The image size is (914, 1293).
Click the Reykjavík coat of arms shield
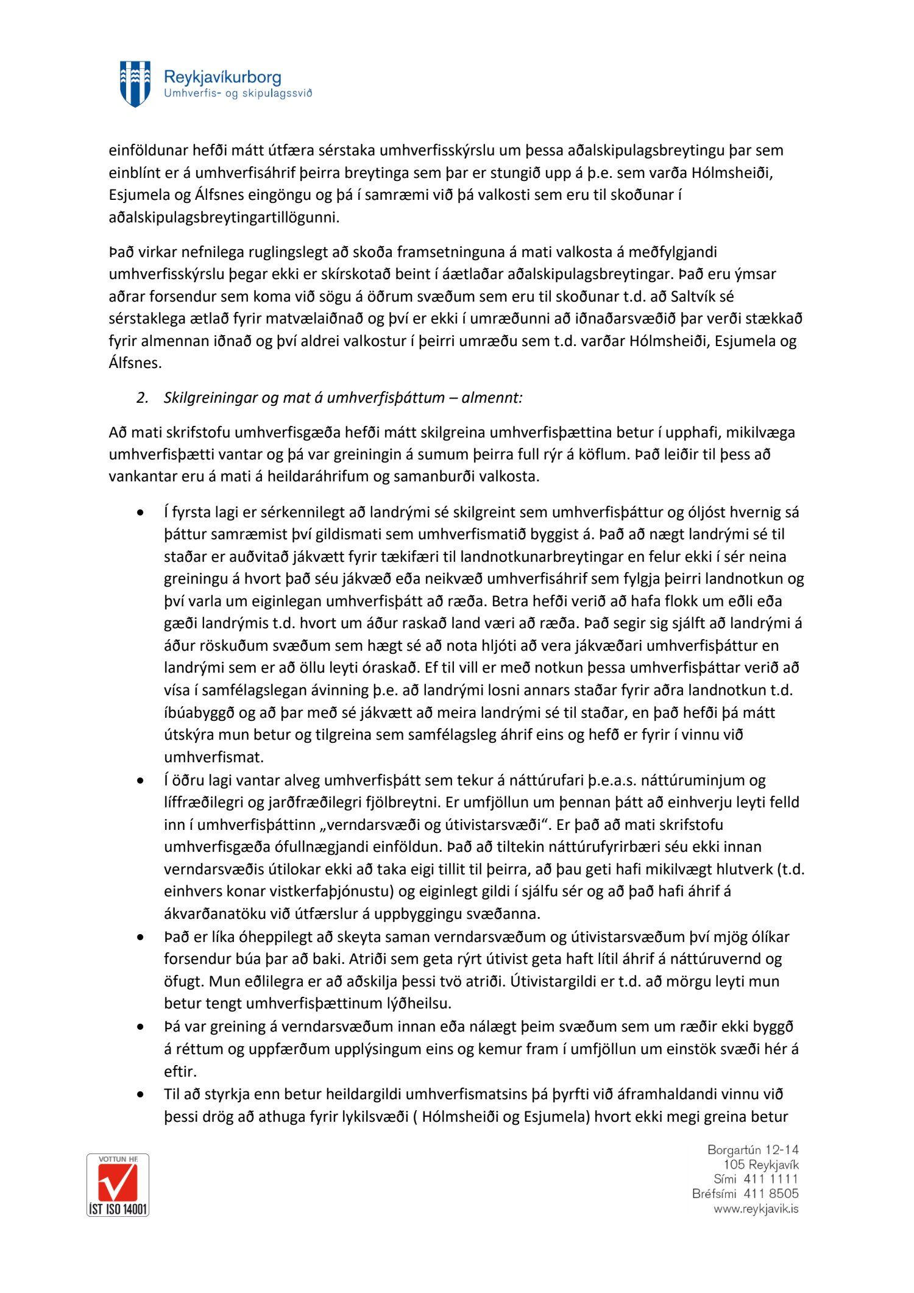tap(135, 83)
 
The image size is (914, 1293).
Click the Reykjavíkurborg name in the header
tap(222, 77)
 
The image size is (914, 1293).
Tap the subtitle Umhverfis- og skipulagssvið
tap(238, 94)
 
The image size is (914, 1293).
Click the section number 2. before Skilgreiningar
tap(143, 398)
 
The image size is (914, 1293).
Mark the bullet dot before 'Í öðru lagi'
tap(141, 781)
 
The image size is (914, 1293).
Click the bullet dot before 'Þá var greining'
tap(141, 1027)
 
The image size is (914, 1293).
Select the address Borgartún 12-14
tap(753, 1150)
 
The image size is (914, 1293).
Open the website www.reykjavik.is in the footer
tap(756, 1208)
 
